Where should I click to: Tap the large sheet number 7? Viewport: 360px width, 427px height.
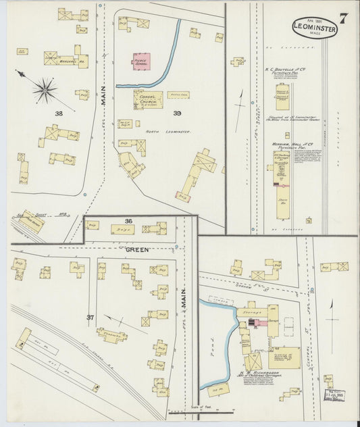pos(343,19)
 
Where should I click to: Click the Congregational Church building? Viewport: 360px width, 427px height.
pos(148,100)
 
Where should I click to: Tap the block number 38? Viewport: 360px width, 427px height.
pos(59,114)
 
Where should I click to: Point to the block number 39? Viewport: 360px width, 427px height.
pos(177,113)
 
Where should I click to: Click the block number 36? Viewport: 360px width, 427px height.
pos(128,221)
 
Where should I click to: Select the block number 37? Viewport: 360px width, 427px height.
pos(90,317)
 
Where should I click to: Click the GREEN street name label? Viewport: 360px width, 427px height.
pos(136,249)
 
